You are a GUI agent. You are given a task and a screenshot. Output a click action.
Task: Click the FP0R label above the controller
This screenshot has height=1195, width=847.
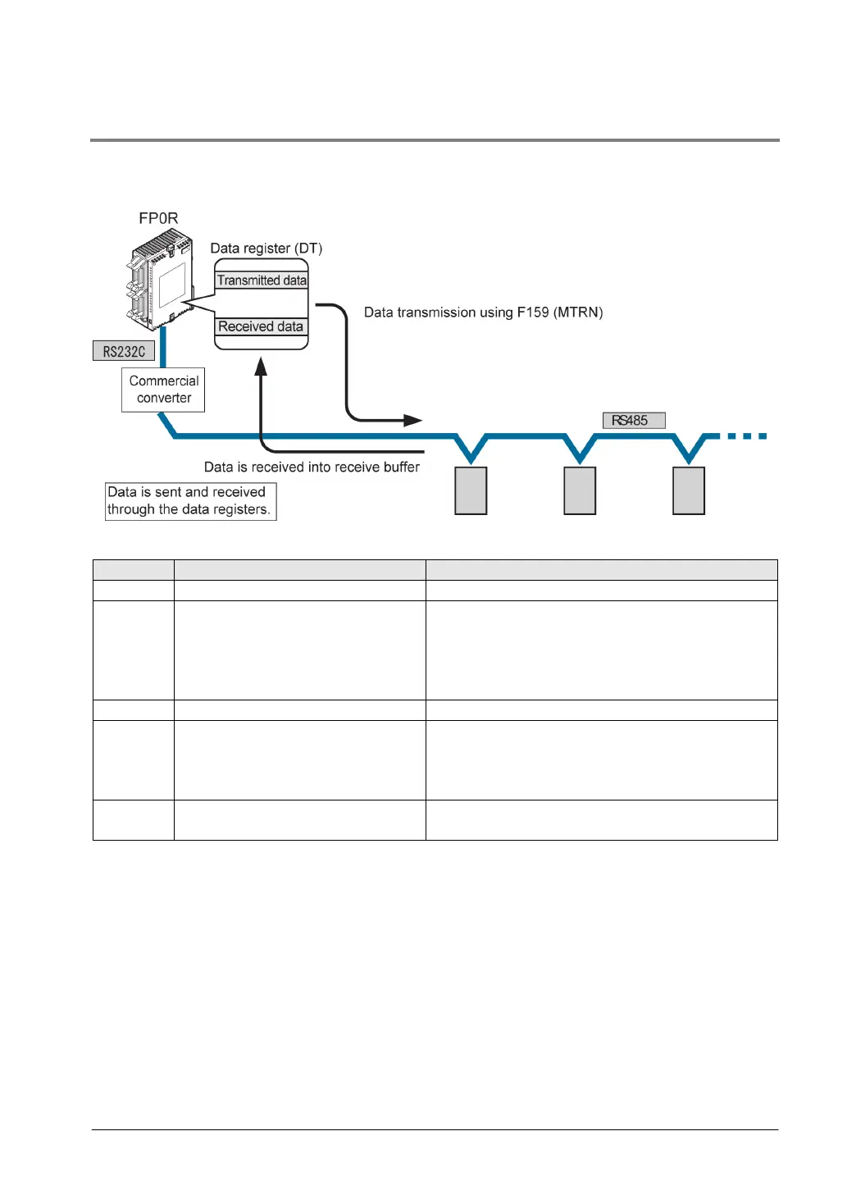158,218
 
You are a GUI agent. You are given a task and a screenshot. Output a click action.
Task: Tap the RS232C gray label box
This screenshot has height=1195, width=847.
124,351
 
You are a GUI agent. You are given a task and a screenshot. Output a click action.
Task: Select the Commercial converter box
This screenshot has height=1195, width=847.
163,390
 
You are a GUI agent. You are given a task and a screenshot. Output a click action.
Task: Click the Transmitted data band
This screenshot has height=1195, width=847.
262,281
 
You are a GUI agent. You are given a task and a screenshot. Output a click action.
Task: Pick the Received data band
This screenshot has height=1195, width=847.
261,326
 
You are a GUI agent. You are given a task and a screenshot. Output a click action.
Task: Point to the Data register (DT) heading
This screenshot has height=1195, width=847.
266,249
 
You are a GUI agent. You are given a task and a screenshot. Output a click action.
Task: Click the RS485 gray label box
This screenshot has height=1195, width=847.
634,421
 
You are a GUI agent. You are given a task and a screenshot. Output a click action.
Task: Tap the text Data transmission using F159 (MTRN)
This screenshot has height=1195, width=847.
483,312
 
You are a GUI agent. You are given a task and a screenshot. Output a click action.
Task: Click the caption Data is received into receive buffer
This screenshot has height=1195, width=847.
312,468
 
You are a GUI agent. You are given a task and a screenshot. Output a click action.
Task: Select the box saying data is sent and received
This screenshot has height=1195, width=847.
190,501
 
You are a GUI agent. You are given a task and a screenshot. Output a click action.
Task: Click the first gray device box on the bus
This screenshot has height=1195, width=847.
471,490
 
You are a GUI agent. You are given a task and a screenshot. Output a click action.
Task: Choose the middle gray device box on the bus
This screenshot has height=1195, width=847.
580,490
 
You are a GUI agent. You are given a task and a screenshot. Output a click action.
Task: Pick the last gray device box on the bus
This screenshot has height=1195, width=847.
689,490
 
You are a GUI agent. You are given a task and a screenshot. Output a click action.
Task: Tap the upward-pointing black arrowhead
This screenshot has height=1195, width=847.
261,366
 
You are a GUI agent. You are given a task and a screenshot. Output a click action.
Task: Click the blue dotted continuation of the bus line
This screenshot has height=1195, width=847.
745,436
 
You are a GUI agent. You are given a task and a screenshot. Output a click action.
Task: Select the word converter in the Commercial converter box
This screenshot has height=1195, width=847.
164,399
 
